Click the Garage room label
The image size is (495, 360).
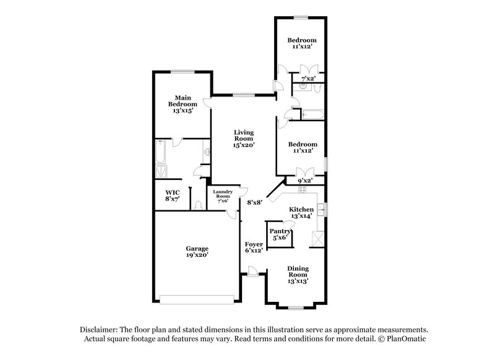(x=197, y=249)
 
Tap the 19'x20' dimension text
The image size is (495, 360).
(x=197, y=255)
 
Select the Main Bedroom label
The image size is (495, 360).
(x=183, y=101)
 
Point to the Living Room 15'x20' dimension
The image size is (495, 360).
(x=244, y=145)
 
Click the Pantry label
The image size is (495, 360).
(x=280, y=231)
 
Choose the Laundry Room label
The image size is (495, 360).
(x=223, y=194)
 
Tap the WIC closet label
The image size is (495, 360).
(x=173, y=193)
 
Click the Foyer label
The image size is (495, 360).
(x=254, y=244)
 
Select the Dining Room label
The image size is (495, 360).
(x=298, y=272)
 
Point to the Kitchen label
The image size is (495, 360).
(x=301, y=210)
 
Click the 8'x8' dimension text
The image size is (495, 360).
(x=255, y=202)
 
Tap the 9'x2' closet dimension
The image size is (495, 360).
(x=305, y=181)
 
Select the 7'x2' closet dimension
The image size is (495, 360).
(x=308, y=79)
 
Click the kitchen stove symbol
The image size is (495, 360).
(x=302, y=190)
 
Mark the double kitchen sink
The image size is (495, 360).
(x=321, y=210)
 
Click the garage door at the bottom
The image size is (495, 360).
(x=197, y=299)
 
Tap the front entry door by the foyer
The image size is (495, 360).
(x=252, y=272)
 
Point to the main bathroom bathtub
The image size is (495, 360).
(x=161, y=152)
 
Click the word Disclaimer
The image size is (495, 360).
(x=99, y=330)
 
